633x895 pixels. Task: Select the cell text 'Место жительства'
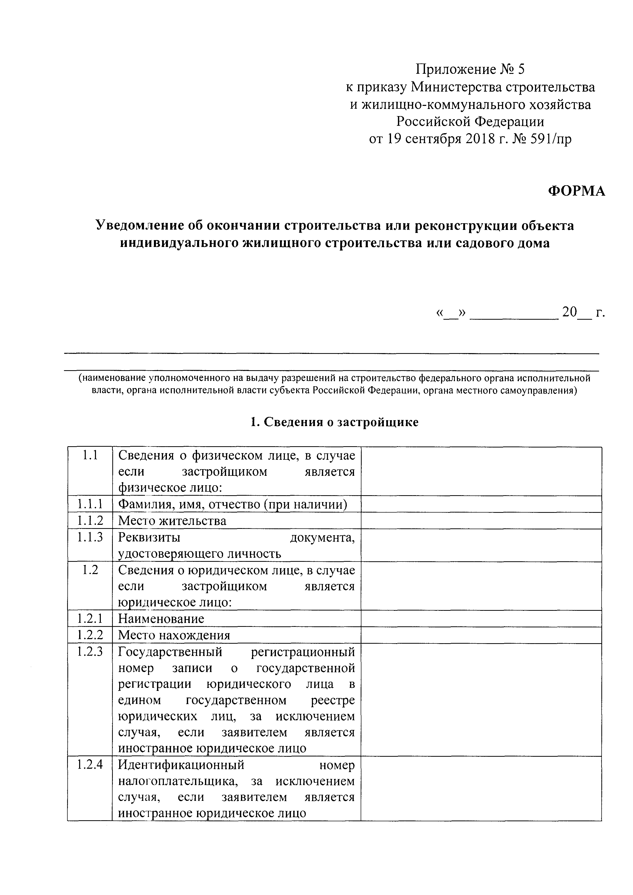172,521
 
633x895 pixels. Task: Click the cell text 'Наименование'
161,619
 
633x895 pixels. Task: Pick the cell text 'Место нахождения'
174,635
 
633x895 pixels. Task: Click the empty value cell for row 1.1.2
481,520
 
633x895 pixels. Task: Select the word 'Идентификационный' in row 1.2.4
181,765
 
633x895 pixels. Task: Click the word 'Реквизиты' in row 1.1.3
149,537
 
